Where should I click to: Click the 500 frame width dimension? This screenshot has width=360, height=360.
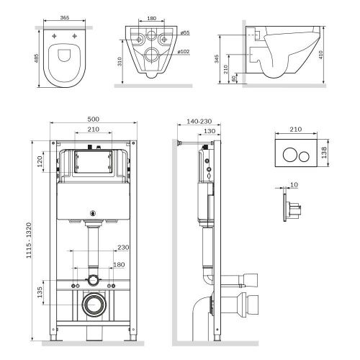pyautogui.click(x=93, y=119)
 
